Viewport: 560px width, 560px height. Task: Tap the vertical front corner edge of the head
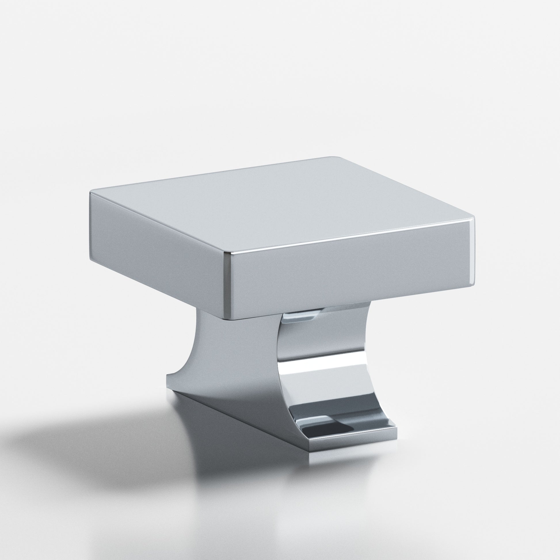228,287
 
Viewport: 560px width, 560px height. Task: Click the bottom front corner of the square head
229,319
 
